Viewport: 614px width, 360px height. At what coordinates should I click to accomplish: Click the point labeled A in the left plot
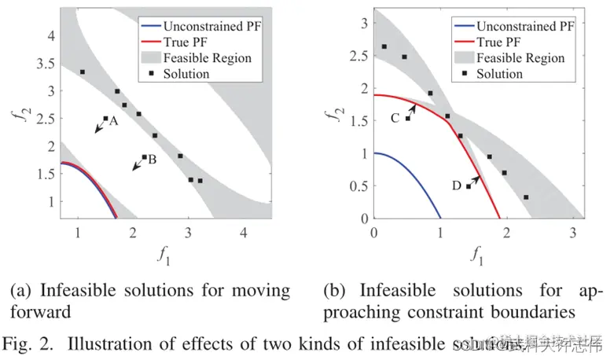[x=105, y=119]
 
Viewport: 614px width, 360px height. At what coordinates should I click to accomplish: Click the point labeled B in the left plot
[x=144, y=157]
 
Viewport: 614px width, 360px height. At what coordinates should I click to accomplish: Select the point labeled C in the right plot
[x=407, y=118]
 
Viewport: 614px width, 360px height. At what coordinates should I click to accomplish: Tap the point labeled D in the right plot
[x=469, y=186]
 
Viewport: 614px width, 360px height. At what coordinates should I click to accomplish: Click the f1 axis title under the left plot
[x=160, y=254]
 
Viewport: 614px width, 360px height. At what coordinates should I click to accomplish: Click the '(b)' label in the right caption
[x=335, y=290]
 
